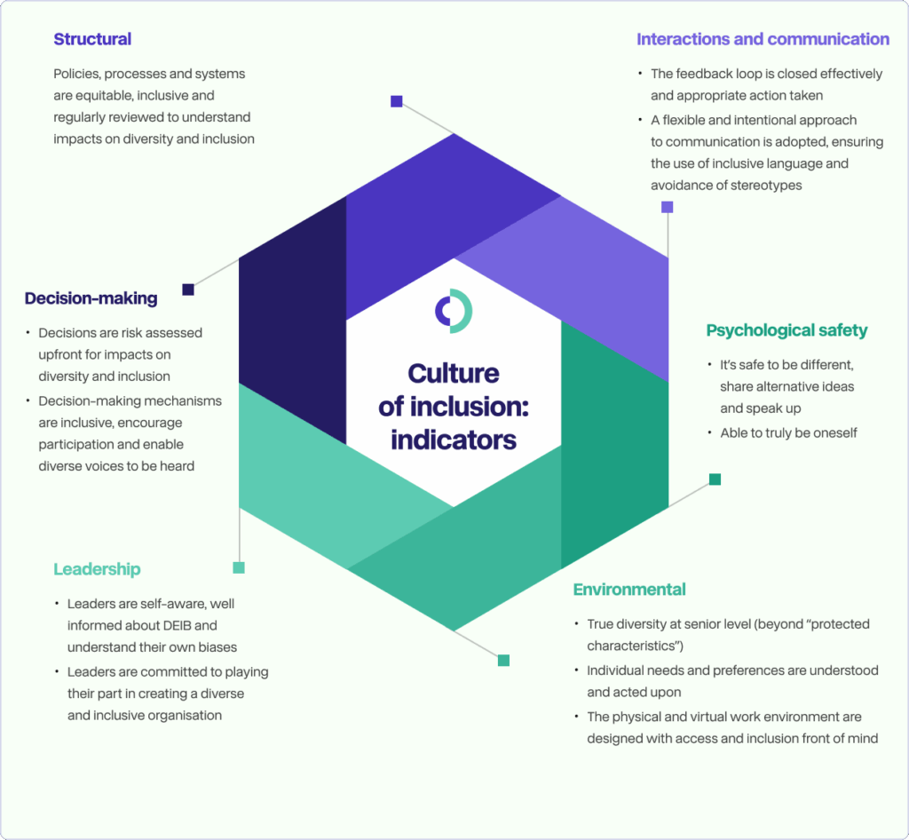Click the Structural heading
pyautogui.click(x=92, y=39)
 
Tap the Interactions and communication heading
pyautogui.click(x=763, y=39)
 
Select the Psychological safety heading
pyautogui.click(x=786, y=330)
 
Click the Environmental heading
pyautogui.click(x=629, y=590)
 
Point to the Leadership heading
pyautogui.click(x=97, y=569)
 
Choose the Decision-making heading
pyautogui.click(x=91, y=298)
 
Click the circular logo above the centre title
pyautogui.click(x=454, y=311)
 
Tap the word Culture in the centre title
pyautogui.click(x=454, y=373)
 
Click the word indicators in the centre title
pyautogui.click(x=454, y=439)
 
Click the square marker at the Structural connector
pyautogui.click(x=397, y=101)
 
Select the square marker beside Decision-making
pyautogui.click(x=188, y=289)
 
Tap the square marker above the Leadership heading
pyautogui.click(x=239, y=567)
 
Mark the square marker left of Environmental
pyautogui.click(x=503, y=660)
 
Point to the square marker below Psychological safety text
pyautogui.click(x=715, y=479)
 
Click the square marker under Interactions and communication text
pyautogui.click(x=668, y=207)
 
